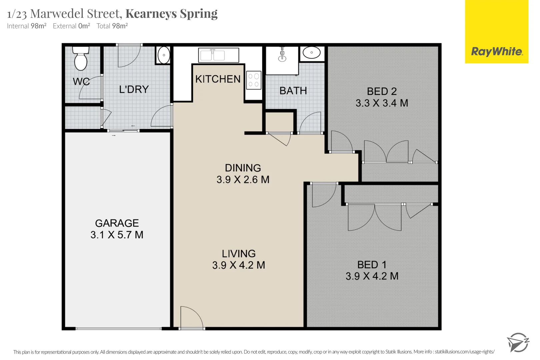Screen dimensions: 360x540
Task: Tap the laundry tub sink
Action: coord(164,55)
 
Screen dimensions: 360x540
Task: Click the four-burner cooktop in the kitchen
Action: coord(253,80)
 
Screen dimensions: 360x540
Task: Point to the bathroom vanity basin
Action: coord(311,53)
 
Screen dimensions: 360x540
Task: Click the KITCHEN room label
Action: coord(218,79)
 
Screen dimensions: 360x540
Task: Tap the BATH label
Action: coord(293,91)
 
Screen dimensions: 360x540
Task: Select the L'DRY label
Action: coord(134,89)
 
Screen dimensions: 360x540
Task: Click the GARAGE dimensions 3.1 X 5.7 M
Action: coord(117,235)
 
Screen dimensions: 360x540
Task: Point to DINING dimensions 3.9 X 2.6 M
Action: coord(243,180)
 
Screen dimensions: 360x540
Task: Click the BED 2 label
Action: coord(382,91)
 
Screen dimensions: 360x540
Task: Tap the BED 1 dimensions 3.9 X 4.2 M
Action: coord(372,276)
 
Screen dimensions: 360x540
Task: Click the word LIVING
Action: coord(239,254)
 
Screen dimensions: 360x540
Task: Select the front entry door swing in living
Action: coord(191,317)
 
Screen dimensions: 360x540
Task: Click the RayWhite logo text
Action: coord(496,52)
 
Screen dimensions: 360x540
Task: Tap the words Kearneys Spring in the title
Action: coord(171,14)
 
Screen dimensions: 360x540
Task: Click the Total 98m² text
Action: coord(112,26)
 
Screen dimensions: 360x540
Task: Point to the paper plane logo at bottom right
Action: coord(517,342)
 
